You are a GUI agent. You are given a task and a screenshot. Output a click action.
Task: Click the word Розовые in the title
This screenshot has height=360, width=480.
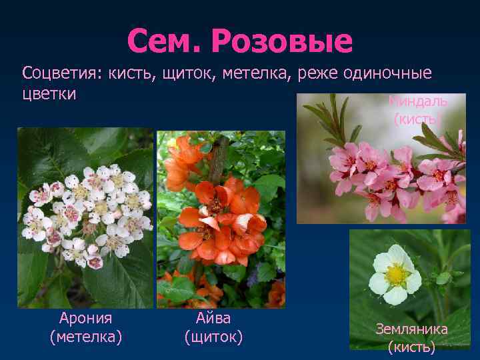tap(281, 42)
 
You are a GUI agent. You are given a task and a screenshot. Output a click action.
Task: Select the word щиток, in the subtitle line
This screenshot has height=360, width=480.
tap(185, 72)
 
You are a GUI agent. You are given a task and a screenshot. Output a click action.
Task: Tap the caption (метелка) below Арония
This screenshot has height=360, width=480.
tap(85, 337)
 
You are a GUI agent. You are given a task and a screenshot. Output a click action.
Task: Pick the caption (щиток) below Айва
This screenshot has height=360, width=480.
tap(213, 337)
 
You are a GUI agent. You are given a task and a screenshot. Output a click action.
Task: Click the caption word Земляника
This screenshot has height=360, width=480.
tap(411, 329)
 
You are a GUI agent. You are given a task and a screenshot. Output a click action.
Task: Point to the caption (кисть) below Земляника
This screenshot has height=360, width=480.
tap(411, 347)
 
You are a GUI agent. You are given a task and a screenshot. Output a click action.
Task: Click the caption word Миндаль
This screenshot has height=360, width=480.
tap(418, 101)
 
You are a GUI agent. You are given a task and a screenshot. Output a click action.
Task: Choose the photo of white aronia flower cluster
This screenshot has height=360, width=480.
tap(85, 217)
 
